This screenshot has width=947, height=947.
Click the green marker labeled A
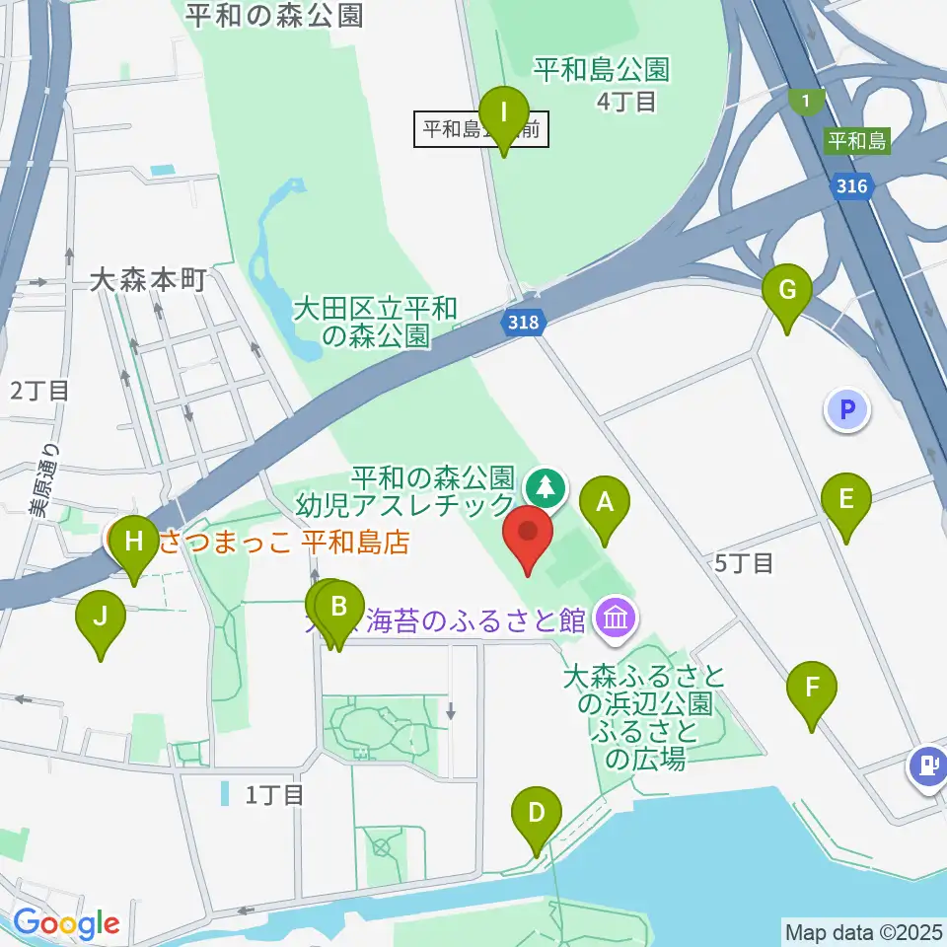click(x=604, y=504)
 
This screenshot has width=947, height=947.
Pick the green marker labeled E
click(x=846, y=501)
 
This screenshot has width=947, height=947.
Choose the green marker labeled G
click(x=787, y=293)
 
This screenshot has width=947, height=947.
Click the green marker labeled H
click(x=134, y=544)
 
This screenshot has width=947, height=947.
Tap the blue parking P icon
click(x=847, y=408)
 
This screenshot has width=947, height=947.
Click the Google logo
click(x=67, y=923)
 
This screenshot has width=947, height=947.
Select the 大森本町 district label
click(x=147, y=280)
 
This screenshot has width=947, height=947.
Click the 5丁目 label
click(x=744, y=563)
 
